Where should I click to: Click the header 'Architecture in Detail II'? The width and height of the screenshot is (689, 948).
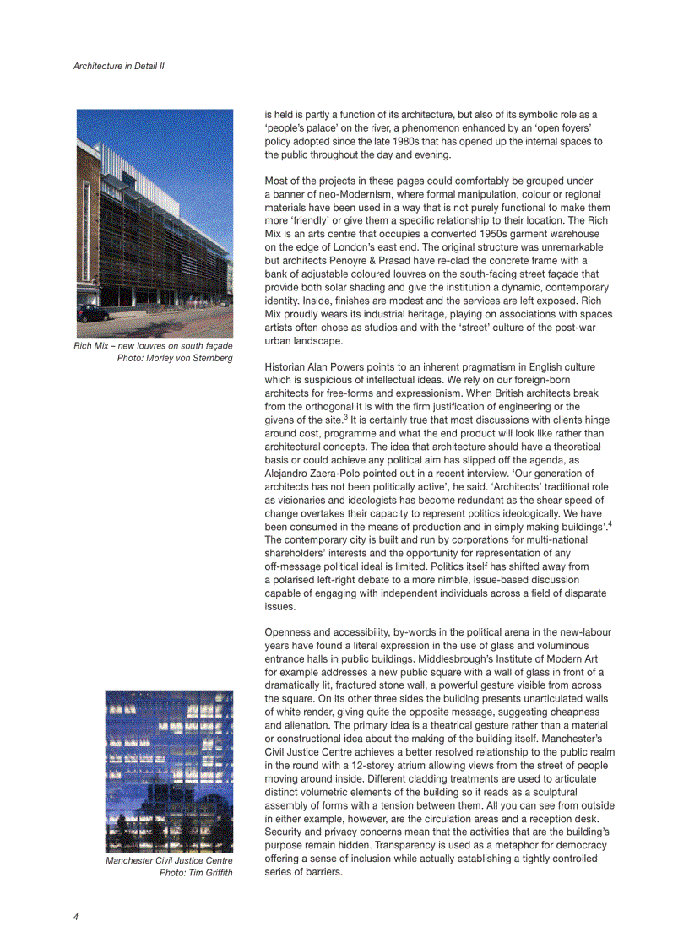click(118, 66)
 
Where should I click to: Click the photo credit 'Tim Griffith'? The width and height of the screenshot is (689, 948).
click(211, 873)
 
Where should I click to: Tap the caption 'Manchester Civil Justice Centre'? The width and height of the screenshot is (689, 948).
click(169, 861)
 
